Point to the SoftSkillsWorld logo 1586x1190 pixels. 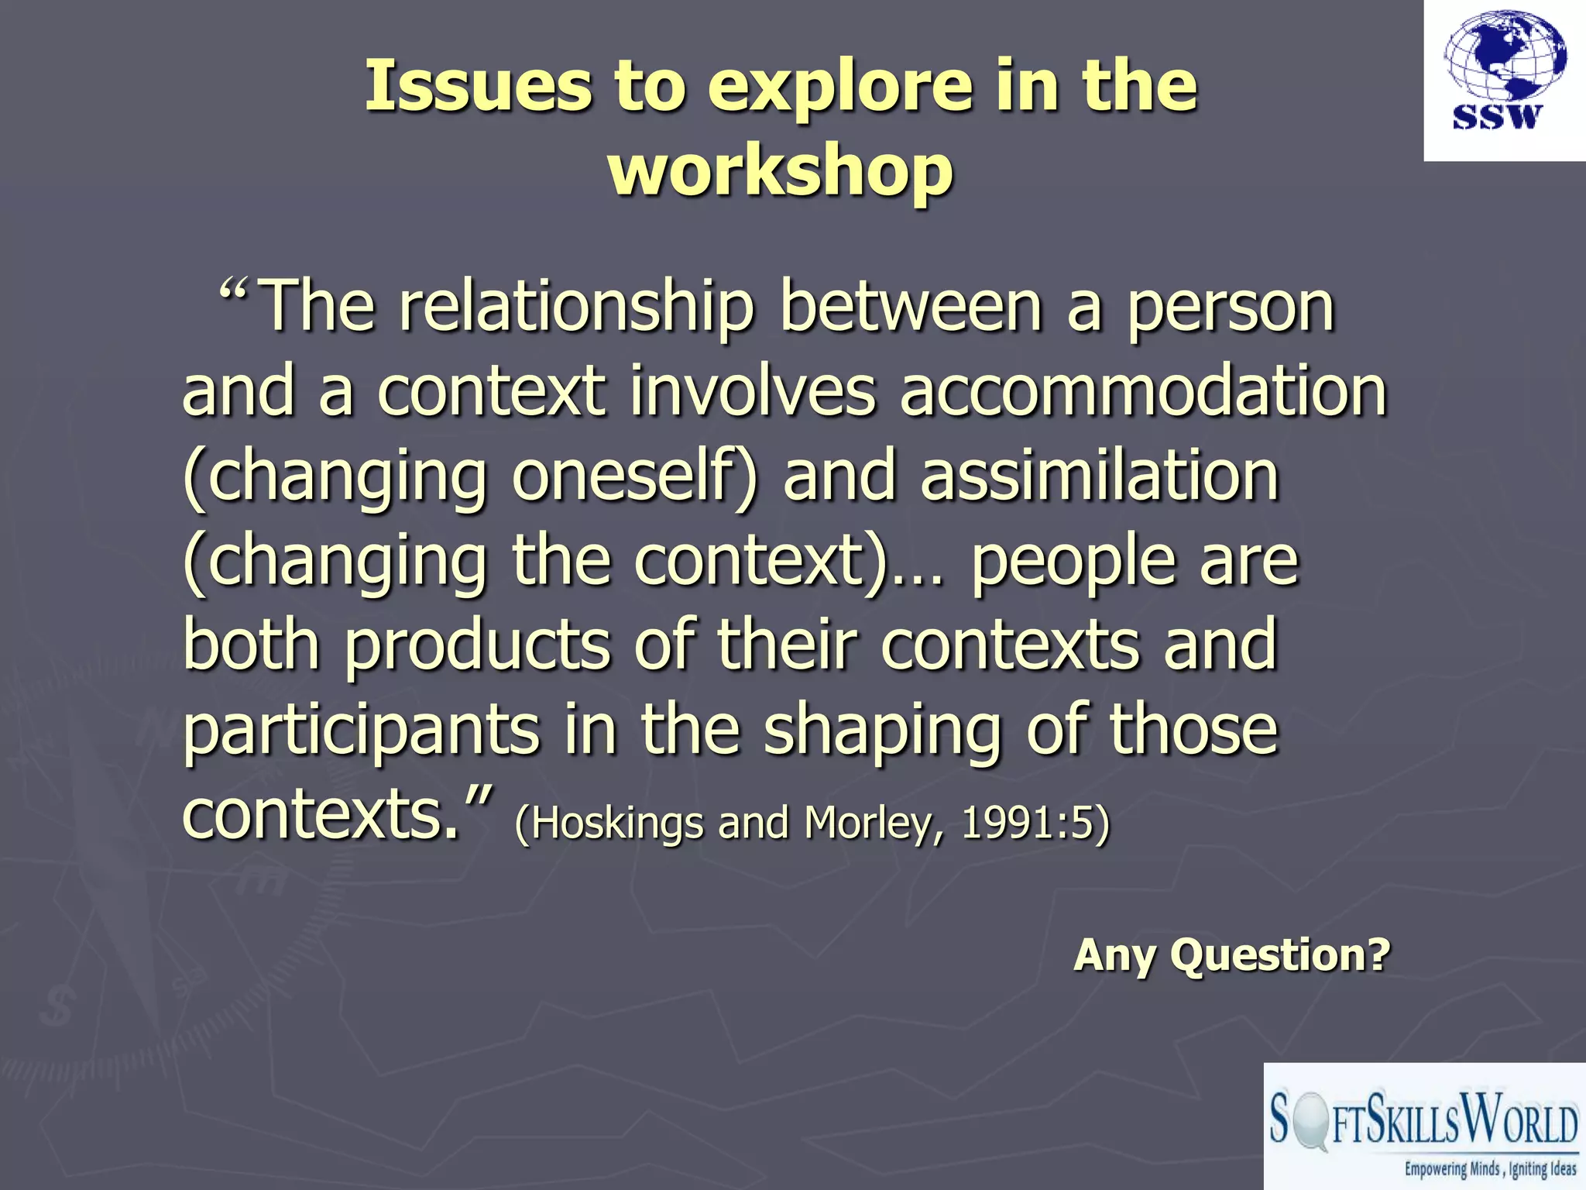pyautogui.click(x=1423, y=1127)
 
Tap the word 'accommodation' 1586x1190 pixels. pyautogui.click(x=1143, y=391)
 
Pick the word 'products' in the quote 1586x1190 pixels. pyautogui.click(x=478, y=646)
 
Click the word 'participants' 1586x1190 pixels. pyautogui.click(x=361, y=731)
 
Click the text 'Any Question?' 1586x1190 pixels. pyautogui.click(x=1231, y=954)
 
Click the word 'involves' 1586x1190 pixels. pyautogui.click(x=752, y=391)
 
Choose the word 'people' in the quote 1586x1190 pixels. pyautogui.click(x=1073, y=562)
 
